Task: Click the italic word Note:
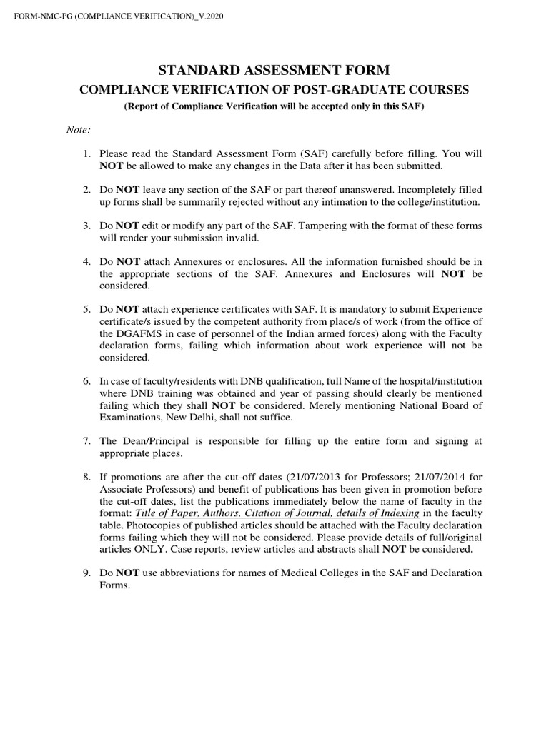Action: click(x=76, y=129)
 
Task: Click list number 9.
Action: click(x=86, y=573)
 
